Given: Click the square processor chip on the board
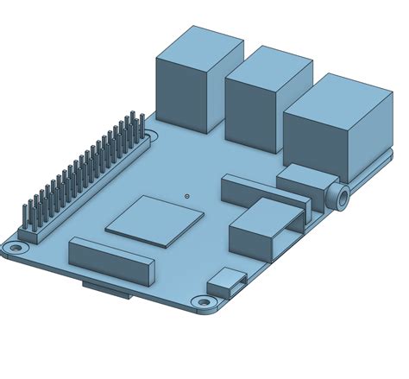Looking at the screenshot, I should click(x=154, y=220).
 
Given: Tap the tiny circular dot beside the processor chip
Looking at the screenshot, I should click(x=187, y=196).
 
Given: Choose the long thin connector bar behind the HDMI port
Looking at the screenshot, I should click(x=259, y=192).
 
